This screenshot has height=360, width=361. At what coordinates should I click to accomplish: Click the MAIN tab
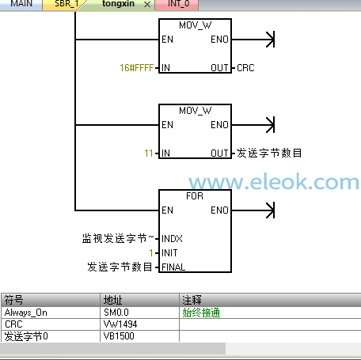[x=21, y=4]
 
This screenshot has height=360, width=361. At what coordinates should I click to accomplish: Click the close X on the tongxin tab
[x=147, y=5]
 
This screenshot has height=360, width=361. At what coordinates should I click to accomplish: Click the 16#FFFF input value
[x=136, y=68]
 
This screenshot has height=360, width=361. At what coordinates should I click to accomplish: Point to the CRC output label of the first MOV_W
[x=245, y=68]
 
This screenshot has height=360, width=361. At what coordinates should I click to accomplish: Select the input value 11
[x=149, y=153]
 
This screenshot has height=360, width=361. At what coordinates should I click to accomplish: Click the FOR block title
[x=195, y=196]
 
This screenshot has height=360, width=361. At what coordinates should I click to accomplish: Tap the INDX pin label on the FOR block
[x=172, y=239]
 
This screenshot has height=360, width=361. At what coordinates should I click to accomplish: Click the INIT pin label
[x=169, y=253]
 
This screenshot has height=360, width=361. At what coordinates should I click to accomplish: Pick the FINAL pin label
[x=173, y=267]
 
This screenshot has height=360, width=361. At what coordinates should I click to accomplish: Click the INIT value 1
[x=151, y=253]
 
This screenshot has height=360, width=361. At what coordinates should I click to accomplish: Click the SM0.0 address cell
[x=116, y=313]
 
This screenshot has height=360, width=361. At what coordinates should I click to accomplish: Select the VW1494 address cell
[x=120, y=324]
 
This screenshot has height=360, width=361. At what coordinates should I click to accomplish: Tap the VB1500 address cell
[x=119, y=336]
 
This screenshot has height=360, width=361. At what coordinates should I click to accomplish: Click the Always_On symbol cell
[x=26, y=313]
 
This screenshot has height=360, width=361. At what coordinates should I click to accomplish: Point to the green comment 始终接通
[x=201, y=313]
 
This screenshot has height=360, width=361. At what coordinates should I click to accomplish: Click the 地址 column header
[x=112, y=300]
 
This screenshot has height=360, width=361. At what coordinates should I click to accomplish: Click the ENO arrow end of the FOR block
[x=274, y=210]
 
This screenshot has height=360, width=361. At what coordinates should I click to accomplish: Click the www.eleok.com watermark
[x=274, y=182]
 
